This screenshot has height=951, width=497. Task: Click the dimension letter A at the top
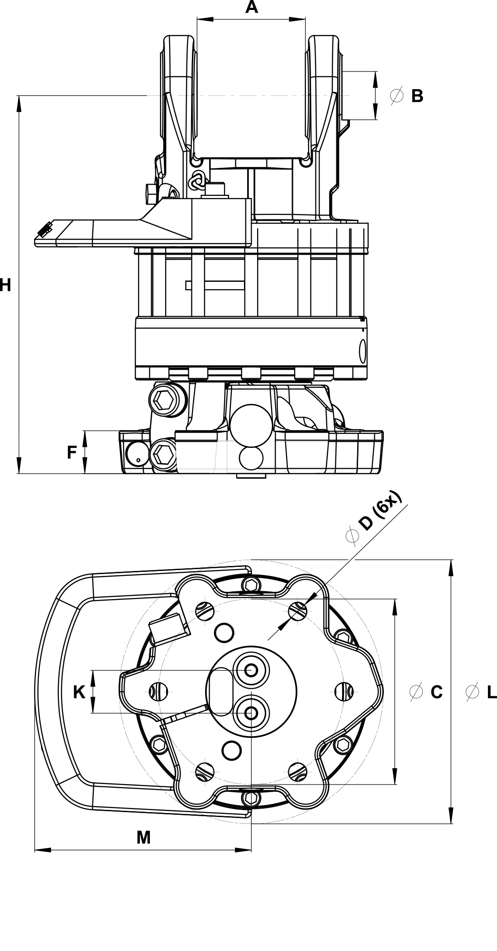tap(251, 7)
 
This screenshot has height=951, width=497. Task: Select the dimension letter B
tap(417, 96)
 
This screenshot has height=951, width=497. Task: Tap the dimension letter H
tap(5, 285)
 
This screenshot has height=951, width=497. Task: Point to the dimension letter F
tap(72, 452)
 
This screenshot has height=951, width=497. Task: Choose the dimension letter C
tap(436, 692)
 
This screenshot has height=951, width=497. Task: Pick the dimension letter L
tap(492, 692)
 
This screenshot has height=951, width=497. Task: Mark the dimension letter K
tap(79, 692)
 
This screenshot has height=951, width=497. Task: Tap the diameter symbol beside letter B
tap(397, 96)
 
